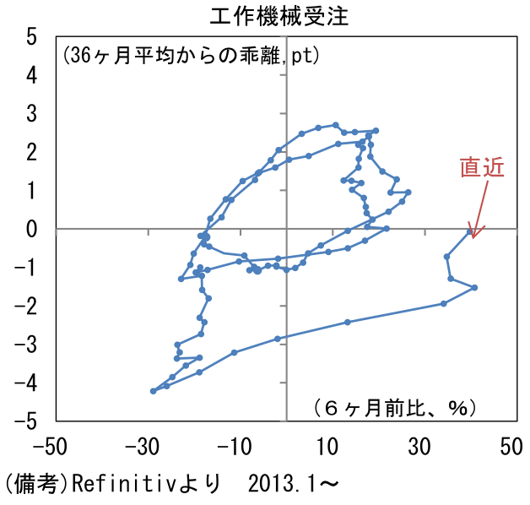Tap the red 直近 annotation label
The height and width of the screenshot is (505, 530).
pyautogui.click(x=482, y=167)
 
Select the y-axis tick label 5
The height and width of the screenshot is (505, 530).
pyautogui.click(x=31, y=37)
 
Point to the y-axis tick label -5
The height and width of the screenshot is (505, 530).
pyautogui.click(x=27, y=421)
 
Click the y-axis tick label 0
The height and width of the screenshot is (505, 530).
pyautogui.click(x=31, y=229)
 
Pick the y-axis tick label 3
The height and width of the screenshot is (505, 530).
pyautogui.click(x=31, y=114)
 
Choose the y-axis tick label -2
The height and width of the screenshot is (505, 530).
pyautogui.click(x=27, y=306)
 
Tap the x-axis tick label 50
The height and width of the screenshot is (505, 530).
pyautogui.click(x=510, y=446)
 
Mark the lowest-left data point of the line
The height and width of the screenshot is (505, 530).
pyautogui.click(x=153, y=391)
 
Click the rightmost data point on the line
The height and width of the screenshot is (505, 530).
pyautogui.click(x=474, y=288)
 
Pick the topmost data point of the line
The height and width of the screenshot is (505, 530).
pyautogui.click(x=335, y=125)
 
